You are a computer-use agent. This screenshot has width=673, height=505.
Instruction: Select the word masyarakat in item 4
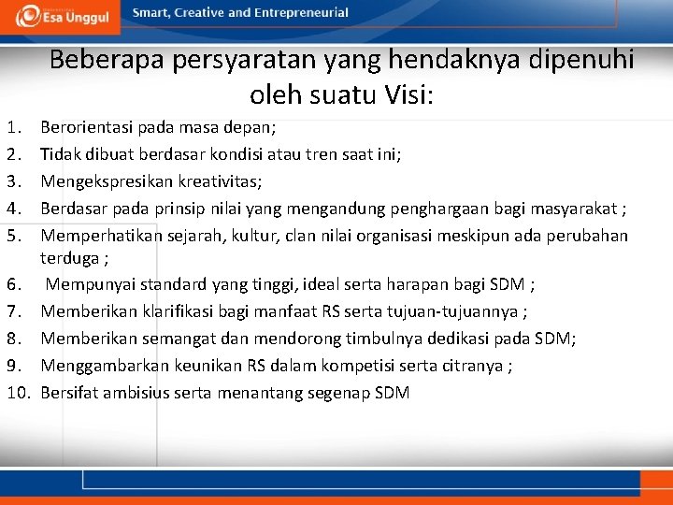click(576, 208)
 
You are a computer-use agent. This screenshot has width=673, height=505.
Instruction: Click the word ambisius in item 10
click(135, 393)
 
